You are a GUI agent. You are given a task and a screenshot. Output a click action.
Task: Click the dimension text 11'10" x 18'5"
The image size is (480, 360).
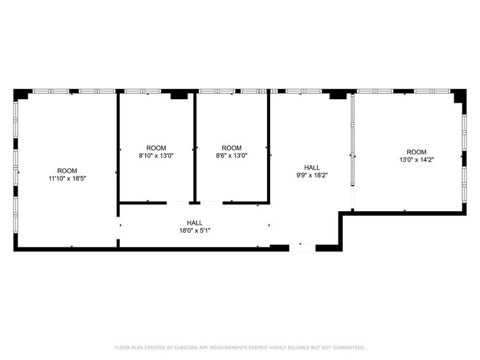coord(67,179)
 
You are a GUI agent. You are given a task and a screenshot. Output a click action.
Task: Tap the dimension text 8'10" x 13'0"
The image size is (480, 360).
coord(156,156)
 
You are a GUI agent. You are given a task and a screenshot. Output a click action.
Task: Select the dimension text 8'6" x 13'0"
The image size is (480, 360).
coord(231,156)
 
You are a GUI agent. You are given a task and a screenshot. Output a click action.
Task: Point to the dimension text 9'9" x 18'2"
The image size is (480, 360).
coord(312,175)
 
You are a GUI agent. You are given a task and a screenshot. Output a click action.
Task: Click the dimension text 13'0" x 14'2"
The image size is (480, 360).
coord(416,160)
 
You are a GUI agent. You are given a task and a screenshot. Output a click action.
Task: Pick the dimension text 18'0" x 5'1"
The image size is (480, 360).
coord(195,230)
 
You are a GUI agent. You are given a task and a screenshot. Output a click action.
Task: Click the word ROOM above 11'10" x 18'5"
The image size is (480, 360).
coord(67,171)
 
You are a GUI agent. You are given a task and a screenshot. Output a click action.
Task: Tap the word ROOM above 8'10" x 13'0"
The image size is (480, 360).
coord(156,148)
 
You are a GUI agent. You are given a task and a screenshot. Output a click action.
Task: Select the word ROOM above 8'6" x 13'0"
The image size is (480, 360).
coord(231,148)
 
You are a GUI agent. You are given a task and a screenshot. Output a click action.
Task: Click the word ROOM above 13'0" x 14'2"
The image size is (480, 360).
coord(416,152)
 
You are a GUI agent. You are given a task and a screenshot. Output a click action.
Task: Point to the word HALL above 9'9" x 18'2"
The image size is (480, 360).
coord(312,167)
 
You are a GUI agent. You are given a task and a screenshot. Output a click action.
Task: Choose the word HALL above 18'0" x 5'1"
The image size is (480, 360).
coord(195,223)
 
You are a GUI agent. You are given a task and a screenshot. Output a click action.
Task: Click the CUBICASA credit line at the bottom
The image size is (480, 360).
coord(239,347)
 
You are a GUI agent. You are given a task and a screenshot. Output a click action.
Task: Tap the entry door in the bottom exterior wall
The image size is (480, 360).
coord(302,247)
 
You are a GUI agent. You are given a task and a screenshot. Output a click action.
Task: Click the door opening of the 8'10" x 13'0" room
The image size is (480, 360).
coord(178,203)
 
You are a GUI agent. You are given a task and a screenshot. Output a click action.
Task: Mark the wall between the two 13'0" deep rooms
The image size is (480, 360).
coord(195,147)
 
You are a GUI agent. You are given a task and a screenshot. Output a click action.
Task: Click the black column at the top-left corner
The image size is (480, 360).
coord(21,94)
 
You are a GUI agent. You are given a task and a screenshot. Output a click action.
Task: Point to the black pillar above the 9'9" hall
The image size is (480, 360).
coord(337,95)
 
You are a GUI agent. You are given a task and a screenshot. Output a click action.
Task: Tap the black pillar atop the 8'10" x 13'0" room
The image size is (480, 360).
coord(179,95)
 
